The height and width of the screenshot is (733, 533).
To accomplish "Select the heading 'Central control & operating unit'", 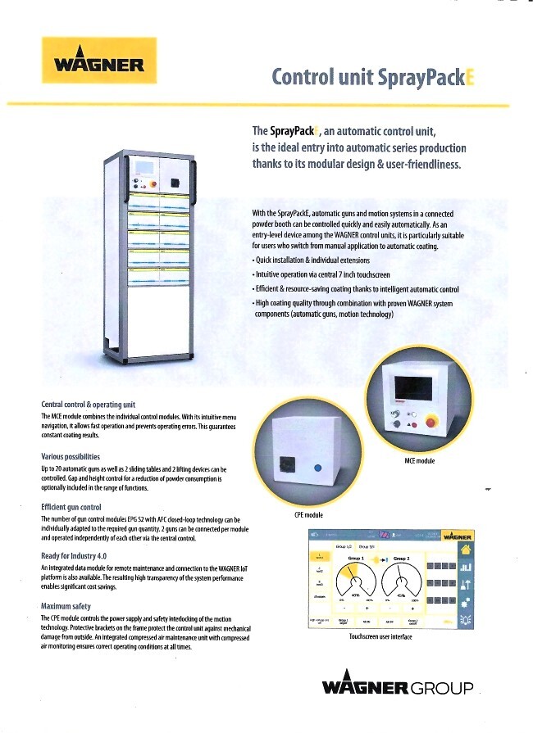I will (x=88, y=405).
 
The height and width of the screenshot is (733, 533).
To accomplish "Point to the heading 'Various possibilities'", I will (x=71, y=456).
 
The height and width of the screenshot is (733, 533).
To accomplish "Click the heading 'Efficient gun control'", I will (x=71, y=508).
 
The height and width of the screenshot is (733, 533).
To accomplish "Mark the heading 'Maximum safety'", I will (x=66, y=607).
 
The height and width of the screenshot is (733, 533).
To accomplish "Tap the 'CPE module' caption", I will (x=308, y=515).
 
